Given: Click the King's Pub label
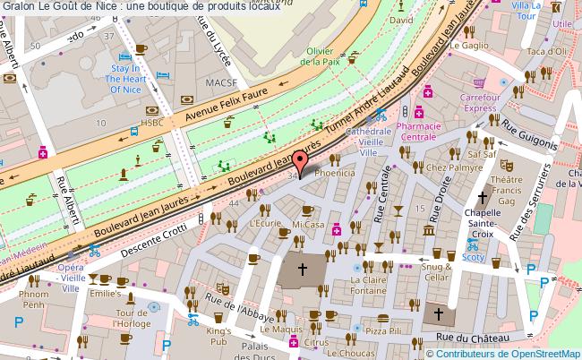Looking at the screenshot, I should point(219,337).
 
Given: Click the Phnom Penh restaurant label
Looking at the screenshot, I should point(33,299).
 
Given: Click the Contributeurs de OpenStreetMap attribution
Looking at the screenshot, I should point(509,352).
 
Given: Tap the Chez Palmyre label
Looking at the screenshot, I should point(449,167).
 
